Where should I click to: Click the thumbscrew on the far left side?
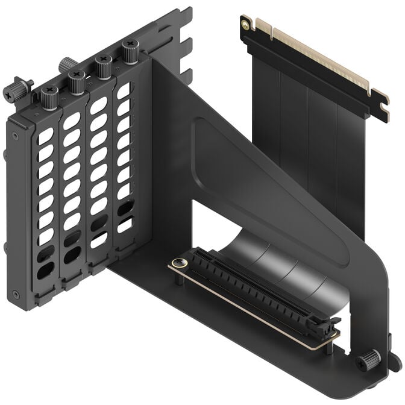click(14, 90)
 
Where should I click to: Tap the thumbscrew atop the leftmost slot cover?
click(49, 95)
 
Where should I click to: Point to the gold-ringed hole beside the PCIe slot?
click(178, 263)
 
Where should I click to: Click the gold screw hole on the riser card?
click(245, 24)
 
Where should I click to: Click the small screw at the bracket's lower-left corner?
click(15, 295)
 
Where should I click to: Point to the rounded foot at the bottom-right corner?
click(395, 362)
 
